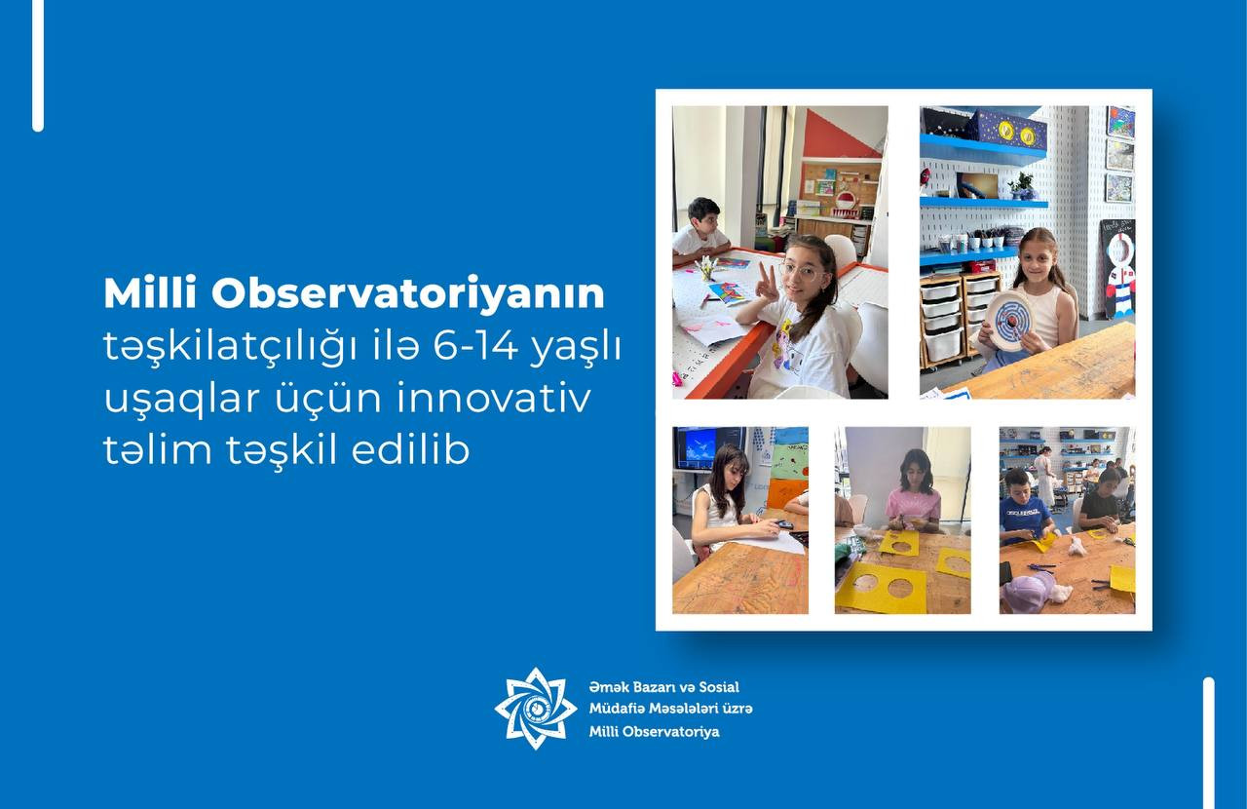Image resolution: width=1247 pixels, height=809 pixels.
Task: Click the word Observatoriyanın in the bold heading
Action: [x=407, y=293]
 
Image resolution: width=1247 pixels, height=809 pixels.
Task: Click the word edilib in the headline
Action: [x=411, y=449]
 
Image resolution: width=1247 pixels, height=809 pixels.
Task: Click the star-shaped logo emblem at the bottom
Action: [x=536, y=709]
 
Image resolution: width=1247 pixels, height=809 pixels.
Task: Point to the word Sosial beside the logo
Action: [x=719, y=687]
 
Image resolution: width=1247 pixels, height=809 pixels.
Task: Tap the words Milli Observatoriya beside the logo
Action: [x=654, y=732]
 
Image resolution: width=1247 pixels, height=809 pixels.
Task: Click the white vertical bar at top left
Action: [x=38, y=65]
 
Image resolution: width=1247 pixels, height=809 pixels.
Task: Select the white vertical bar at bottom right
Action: [x=1209, y=743]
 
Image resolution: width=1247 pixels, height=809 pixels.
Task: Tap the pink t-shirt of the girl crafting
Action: [x=914, y=504]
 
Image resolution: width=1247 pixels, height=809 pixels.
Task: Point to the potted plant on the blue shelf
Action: [x=1022, y=186]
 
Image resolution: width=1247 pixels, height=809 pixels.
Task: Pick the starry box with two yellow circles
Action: [x=1008, y=131]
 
